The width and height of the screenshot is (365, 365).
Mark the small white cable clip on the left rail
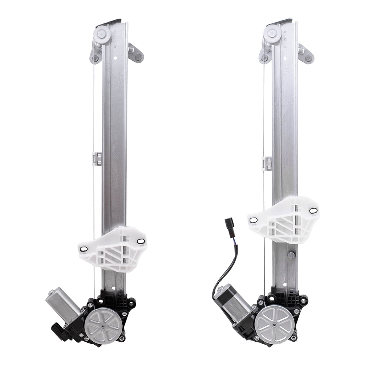click(x=96, y=158)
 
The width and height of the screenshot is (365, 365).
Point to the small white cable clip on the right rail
click(x=267, y=163)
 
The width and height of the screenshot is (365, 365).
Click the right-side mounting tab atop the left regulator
click(x=137, y=54)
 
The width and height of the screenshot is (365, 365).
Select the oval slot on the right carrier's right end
click(x=313, y=211)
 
